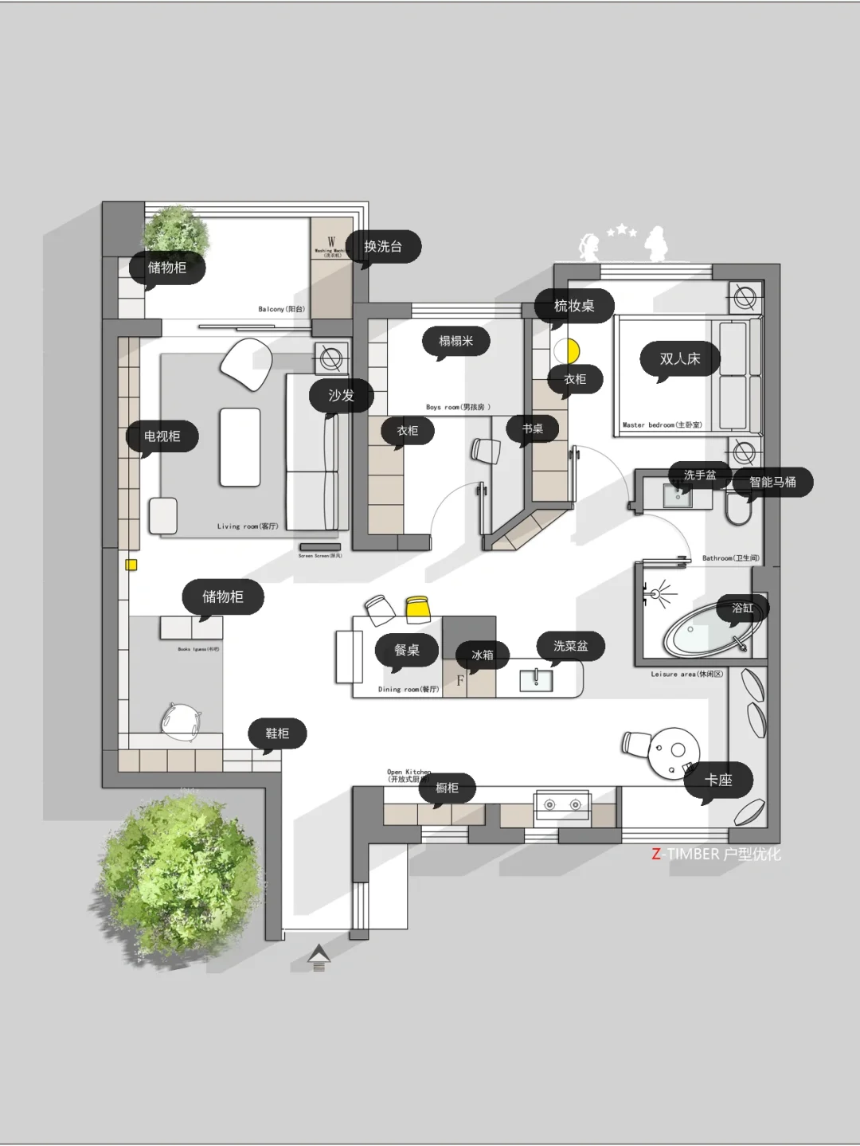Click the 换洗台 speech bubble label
383,247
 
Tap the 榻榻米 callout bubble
456,342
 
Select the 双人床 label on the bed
680,359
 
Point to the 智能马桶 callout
772,482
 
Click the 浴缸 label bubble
742,608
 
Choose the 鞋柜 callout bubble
277,733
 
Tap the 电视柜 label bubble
162,436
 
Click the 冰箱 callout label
483,655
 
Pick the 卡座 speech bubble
718,780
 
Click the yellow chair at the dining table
418,608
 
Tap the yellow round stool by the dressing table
572,350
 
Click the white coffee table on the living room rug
240,447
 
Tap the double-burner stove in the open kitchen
561,805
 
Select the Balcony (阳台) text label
281,309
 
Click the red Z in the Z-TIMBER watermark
656,855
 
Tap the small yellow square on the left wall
131,565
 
